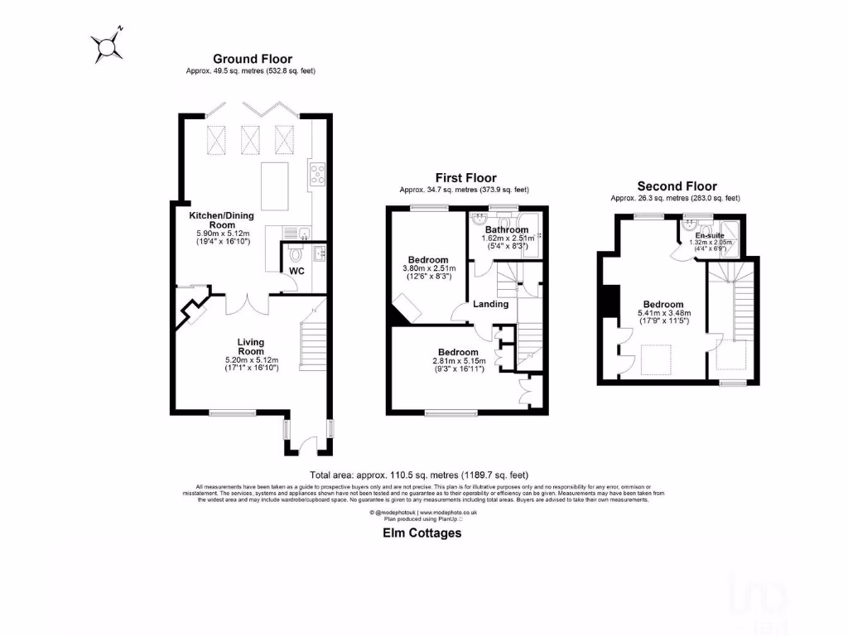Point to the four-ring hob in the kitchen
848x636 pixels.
pyautogui.click(x=317, y=174)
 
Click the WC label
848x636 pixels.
pyautogui.click(x=297, y=271)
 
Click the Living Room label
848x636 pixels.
pyautogui.click(x=250, y=345)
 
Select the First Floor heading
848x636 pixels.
pyautogui.click(x=466, y=178)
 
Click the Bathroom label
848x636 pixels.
pyautogui.click(x=506, y=229)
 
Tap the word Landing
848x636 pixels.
pyautogui.click(x=490, y=304)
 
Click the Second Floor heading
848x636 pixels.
pyautogui.click(x=677, y=186)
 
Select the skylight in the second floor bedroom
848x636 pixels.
pyautogui.click(x=659, y=360)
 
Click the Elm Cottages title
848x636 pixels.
pyautogui.click(x=422, y=533)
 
